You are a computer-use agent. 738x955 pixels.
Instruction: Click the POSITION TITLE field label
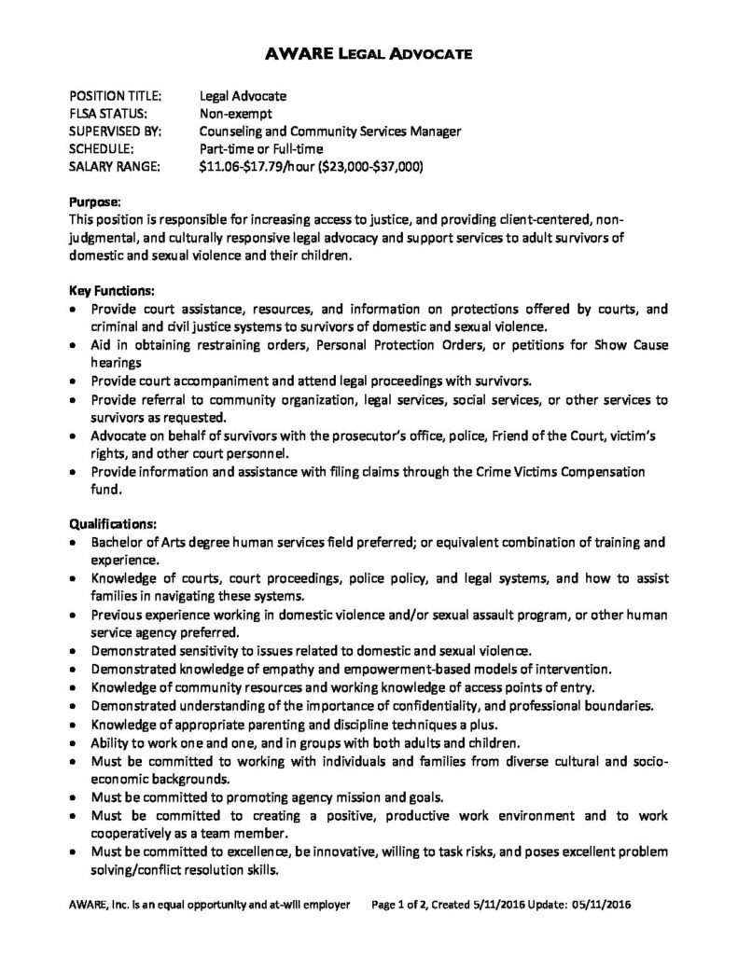pos(117,96)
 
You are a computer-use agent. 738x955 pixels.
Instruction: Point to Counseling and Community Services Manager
pos(330,131)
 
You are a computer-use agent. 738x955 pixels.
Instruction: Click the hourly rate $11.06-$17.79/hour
pos(256,167)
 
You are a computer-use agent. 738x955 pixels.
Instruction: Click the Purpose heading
pos(96,201)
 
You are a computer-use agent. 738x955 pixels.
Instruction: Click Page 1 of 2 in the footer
pos(405,904)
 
